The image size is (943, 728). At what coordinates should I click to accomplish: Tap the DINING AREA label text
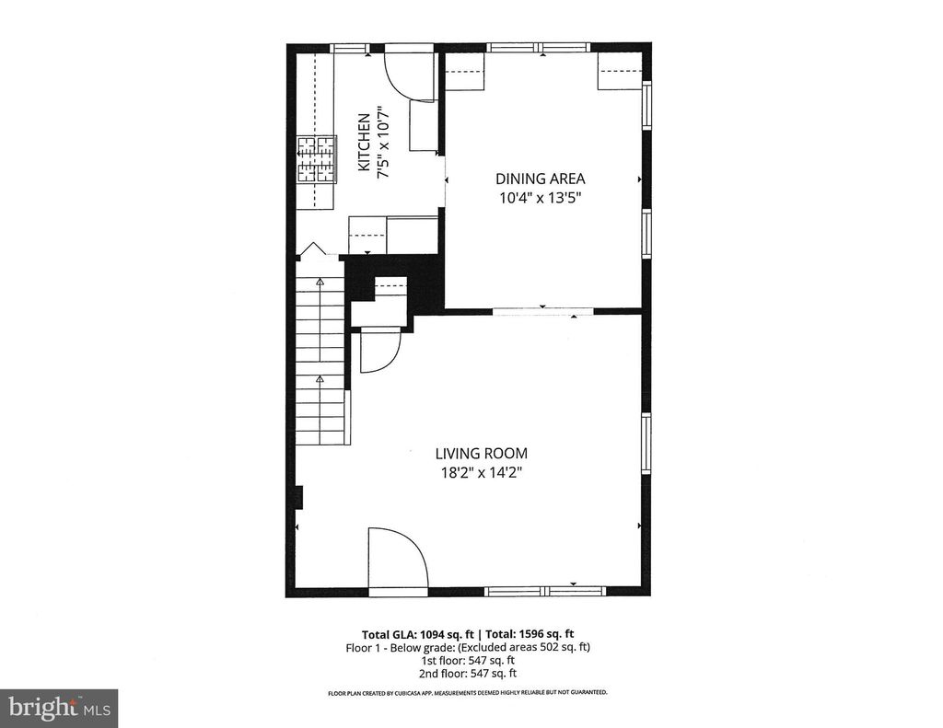[x=540, y=179]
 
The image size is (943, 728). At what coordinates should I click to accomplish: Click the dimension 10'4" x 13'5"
[x=540, y=197]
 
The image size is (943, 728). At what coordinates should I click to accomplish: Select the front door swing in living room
[x=397, y=558]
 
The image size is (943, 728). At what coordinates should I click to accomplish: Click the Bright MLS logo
[x=58, y=708]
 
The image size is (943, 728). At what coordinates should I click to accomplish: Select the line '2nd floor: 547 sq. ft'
[x=468, y=673]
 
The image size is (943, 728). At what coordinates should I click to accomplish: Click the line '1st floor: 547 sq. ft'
[x=468, y=660]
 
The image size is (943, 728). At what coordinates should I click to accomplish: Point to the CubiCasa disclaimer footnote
[x=468, y=692]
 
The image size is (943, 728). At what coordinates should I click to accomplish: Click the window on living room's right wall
[x=646, y=442]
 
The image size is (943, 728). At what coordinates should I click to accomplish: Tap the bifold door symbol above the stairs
[x=312, y=249]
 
